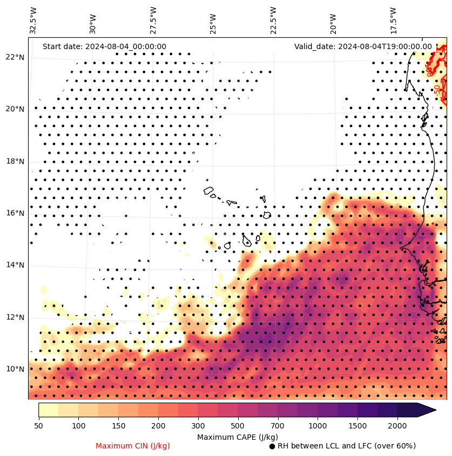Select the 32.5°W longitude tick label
[33, 21]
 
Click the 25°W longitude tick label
[213, 21]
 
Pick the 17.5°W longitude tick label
[393, 21]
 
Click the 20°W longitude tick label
[333, 21]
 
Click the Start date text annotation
[104, 47]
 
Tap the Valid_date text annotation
[363, 47]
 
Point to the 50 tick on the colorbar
[38, 426]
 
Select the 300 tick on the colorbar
[198, 426]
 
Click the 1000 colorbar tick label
[318, 426]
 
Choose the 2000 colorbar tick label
[397, 426]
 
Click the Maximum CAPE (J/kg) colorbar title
[238, 437]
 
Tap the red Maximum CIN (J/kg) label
[133, 446]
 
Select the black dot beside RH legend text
[272, 446]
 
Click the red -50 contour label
[437, 90]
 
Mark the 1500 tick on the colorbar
[357, 426]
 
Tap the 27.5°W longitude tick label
[153, 21]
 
